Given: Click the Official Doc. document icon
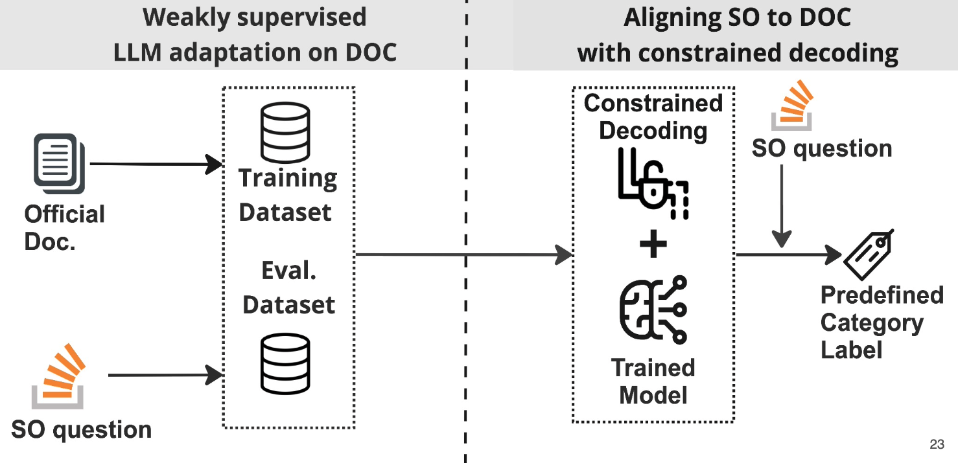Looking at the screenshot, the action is click(60, 164).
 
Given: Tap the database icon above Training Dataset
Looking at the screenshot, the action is click(285, 132).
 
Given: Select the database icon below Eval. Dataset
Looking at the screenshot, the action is click(285, 364).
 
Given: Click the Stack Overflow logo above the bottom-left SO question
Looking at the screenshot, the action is click(58, 376).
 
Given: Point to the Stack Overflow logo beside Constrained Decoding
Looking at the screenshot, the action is click(792, 105).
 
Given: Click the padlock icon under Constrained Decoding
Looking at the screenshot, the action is click(653, 184).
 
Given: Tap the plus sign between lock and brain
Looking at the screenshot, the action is click(653, 244).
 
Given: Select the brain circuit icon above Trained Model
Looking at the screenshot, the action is click(653, 310).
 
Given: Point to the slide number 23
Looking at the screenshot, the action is click(937, 444).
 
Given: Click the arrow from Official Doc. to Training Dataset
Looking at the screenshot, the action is click(156, 164).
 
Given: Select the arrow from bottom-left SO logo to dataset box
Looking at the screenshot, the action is click(165, 375).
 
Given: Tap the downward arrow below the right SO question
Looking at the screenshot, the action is click(782, 207).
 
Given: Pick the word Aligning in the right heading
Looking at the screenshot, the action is click(672, 19).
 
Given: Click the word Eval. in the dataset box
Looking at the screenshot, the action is click(288, 271).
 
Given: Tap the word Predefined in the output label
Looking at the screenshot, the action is click(882, 295).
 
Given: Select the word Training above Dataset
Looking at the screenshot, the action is click(288, 179).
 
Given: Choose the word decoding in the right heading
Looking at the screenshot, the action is click(843, 54).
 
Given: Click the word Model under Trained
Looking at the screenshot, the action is click(653, 395).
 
